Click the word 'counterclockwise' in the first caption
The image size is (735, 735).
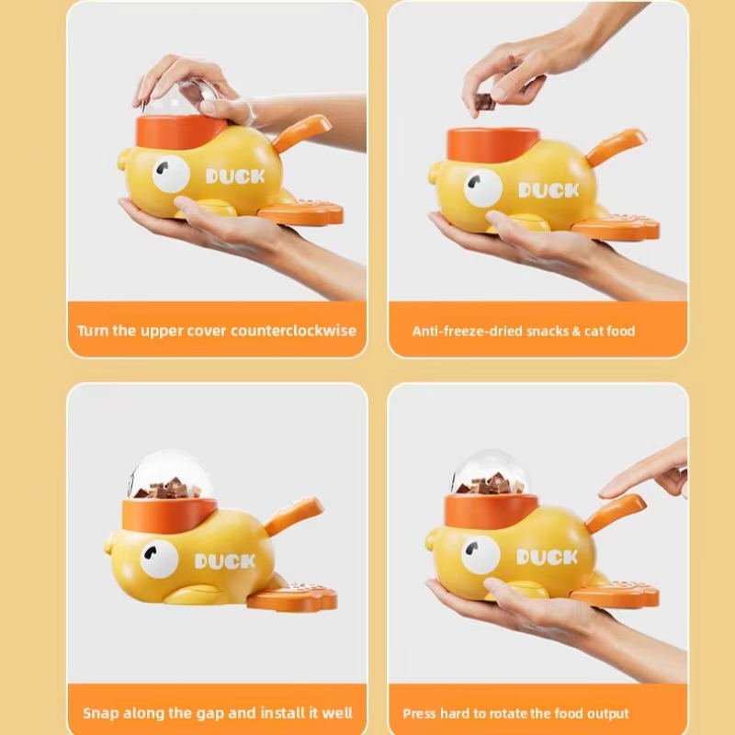pos(293,331)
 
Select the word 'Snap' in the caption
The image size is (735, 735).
pos(99,714)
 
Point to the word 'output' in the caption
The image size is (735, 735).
pos(608,714)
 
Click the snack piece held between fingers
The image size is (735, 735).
pos(485,102)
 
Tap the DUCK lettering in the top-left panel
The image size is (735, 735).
pos(235,176)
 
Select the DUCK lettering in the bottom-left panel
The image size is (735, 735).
pos(224,561)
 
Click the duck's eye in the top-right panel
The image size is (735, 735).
pos(483,187)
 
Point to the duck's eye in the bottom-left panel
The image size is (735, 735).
pos(159,560)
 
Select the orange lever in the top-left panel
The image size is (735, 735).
pos(301,132)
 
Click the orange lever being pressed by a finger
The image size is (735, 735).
pos(615,513)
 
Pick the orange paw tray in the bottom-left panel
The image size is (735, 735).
pos(292,597)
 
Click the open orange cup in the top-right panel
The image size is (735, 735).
pos(492,144)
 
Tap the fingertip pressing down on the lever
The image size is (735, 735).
pos(606,492)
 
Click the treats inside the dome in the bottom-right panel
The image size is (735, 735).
pos(491,484)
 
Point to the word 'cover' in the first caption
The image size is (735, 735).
pos(205,332)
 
